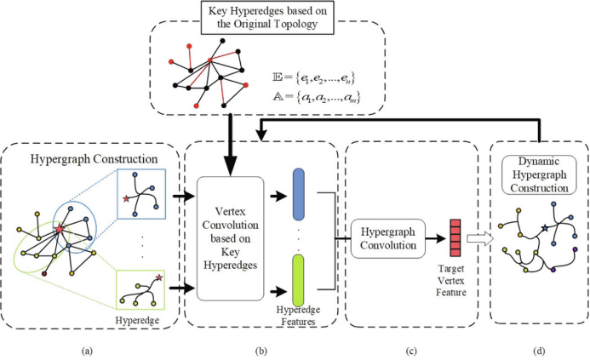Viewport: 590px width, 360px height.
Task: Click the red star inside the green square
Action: pyautogui.click(x=159, y=277)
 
